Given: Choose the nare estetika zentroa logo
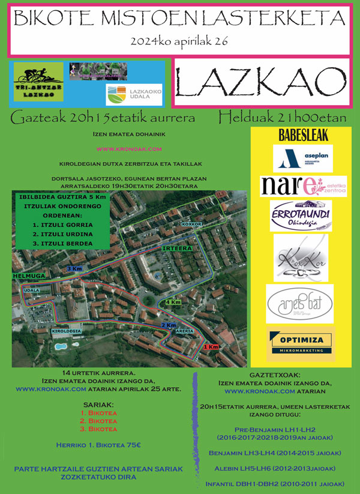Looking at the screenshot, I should (x=303, y=185).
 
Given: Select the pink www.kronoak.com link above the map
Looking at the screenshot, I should (x=129, y=148).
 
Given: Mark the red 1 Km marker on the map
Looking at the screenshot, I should (x=211, y=347).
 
